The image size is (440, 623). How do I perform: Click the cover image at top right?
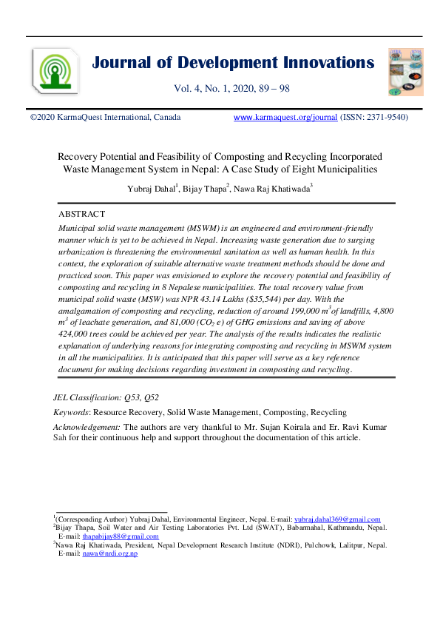pos(406,72)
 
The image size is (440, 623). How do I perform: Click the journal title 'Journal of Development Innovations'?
pos(233,62)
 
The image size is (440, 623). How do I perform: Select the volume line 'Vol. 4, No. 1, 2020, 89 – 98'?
pos(231,90)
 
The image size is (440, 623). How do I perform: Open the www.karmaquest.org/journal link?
pos(285,118)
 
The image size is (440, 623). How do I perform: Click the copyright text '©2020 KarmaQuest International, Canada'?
pos(104,118)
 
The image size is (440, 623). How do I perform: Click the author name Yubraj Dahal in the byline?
pos(154,189)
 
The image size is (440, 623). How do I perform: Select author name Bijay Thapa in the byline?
pos(209,189)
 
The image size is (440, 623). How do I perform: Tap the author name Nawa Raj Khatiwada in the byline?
pos(277,189)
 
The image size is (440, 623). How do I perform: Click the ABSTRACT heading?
pos(81,214)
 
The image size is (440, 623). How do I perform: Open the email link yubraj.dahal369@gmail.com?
pos(337,519)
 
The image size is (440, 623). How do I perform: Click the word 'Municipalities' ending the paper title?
pos(342,169)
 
